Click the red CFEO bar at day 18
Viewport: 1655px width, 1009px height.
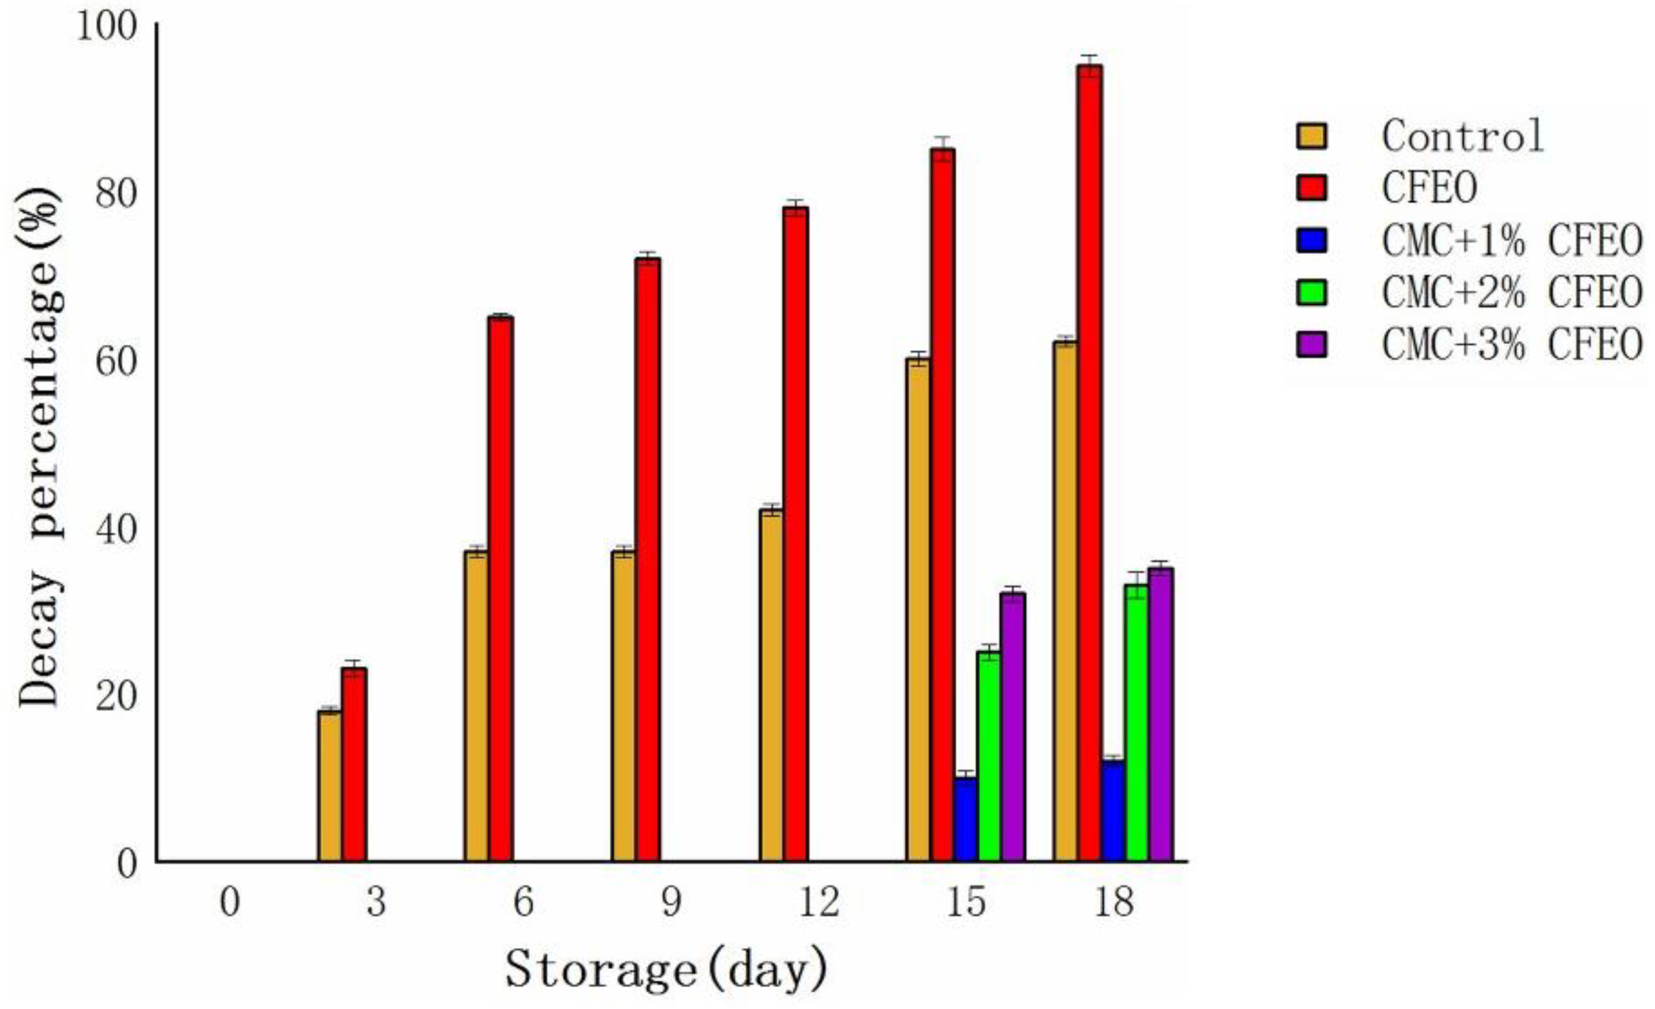pos(1089,463)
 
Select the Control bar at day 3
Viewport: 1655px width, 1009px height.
pos(329,786)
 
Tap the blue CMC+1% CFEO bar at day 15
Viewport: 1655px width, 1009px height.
pos(966,819)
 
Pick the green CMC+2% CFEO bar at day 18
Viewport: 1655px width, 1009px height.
pos(1136,722)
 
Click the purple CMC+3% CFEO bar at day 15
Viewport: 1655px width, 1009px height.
pos(1013,726)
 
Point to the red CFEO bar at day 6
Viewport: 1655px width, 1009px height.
pos(501,588)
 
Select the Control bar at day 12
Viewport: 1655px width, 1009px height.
pos(771,685)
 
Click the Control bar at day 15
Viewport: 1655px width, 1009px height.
pos(918,609)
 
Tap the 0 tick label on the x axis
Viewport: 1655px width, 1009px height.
pos(229,902)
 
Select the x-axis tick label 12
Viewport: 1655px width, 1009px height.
pos(819,902)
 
